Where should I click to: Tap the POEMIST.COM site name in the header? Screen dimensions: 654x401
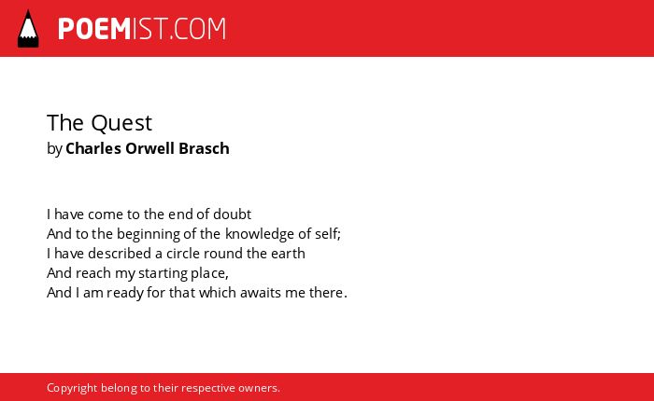click(x=142, y=29)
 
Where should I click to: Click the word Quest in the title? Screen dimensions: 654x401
click(x=121, y=123)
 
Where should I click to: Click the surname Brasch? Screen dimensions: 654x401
click(x=204, y=148)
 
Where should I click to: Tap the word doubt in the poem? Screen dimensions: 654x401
click(x=233, y=214)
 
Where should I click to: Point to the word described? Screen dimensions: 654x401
click(x=120, y=253)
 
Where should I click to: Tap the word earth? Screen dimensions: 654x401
click(x=288, y=253)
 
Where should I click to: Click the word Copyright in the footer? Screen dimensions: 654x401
click(x=72, y=388)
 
